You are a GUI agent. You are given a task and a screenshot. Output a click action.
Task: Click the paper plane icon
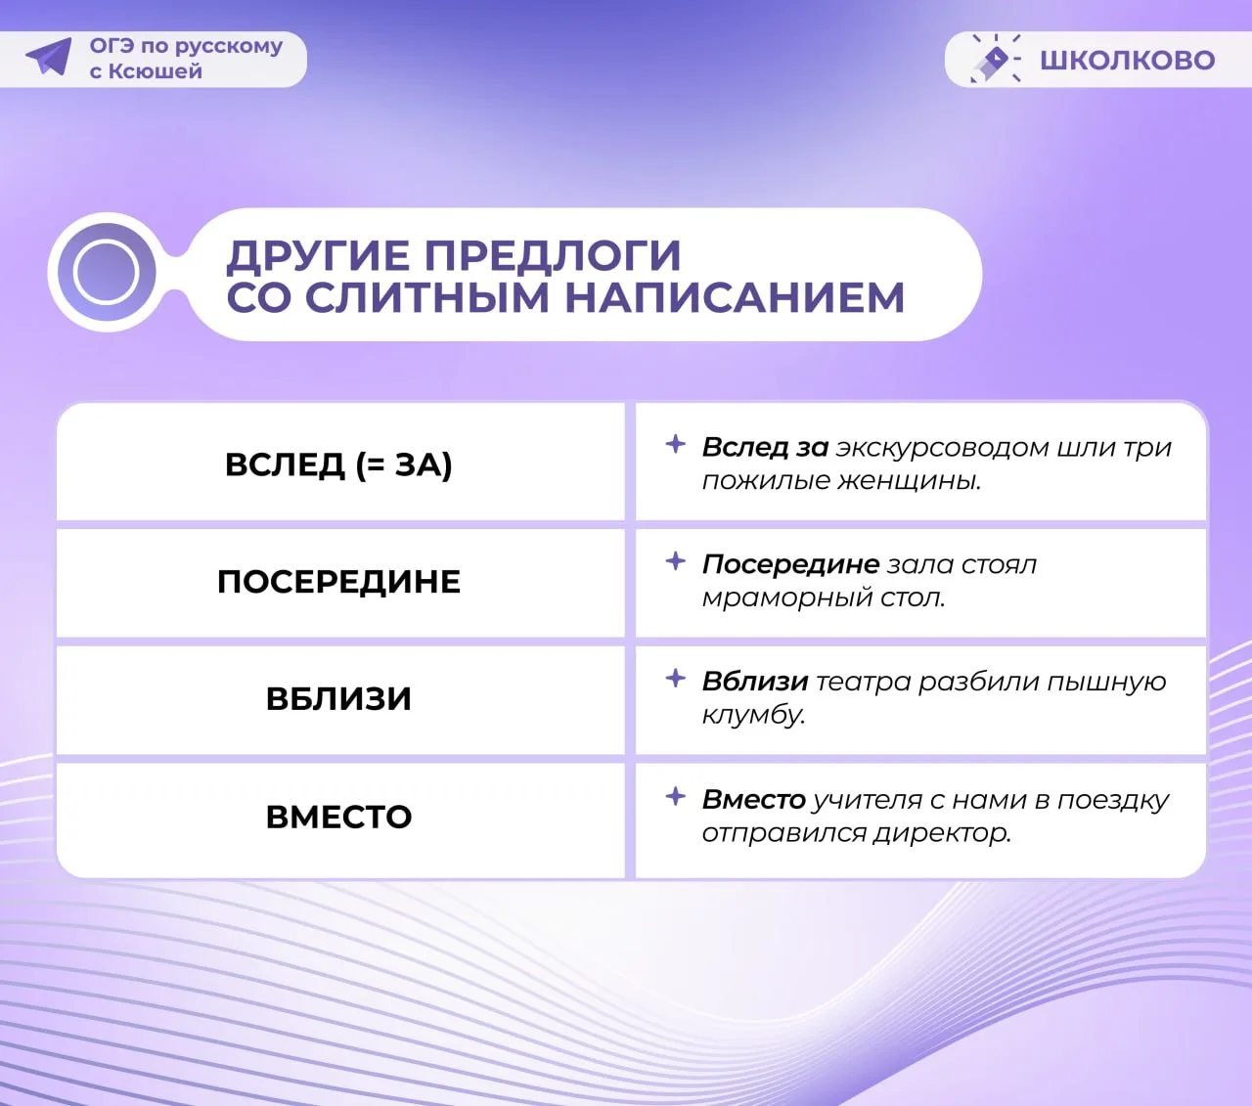(x=50, y=57)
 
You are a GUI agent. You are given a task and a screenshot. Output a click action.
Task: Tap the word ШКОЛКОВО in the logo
(x=1127, y=61)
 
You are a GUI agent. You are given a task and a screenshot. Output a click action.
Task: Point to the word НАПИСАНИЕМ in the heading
(x=735, y=297)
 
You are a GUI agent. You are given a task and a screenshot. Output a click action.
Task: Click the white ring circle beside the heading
(x=106, y=272)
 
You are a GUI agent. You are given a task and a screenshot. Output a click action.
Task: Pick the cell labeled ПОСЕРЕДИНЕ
(x=339, y=582)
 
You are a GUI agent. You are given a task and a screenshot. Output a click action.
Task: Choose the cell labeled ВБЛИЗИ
(x=339, y=699)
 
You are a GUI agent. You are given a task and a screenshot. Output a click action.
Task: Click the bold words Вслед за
(x=765, y=447)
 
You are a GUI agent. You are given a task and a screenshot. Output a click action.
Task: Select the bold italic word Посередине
(x=790, y=564)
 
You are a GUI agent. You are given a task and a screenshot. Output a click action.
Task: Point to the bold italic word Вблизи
(x=755, y=682)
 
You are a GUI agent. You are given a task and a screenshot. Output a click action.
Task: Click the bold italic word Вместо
(x=754, y=800)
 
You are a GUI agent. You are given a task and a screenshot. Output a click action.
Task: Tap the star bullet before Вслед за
(x=676, y=444)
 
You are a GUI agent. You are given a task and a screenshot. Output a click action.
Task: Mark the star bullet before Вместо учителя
(x=676, y=796)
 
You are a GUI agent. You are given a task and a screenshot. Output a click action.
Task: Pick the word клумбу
(x=754, y=716)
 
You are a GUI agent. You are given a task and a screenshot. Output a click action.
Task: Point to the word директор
(x=942, y=834)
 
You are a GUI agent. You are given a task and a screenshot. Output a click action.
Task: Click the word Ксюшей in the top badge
(x=156, y=71)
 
